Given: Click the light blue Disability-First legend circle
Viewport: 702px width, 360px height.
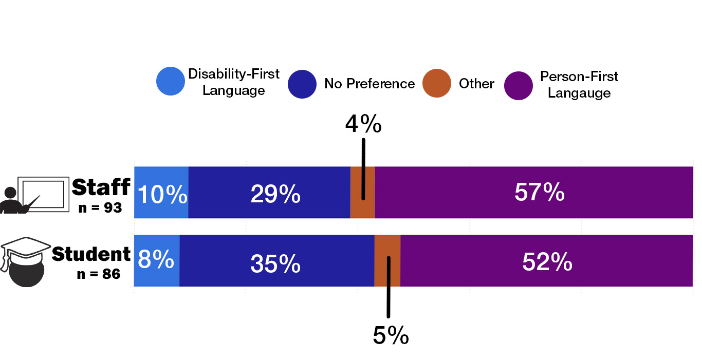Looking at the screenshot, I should click(x=171, y=82).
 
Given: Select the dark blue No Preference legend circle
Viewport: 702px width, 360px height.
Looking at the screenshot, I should click(x=302, y=83).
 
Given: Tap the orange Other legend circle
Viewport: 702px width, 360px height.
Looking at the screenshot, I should click(x=437, y=83).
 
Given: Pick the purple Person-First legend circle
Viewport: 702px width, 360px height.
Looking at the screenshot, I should click(x=519, y=85).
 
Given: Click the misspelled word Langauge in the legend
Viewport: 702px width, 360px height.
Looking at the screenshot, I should click(x=579, y=93).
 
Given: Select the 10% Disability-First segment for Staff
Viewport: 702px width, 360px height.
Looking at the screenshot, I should click(x=161, y=193).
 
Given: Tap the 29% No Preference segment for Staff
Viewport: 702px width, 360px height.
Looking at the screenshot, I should click(x=275, y=193).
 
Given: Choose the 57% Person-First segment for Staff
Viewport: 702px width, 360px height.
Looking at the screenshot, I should click(x=539, y=193).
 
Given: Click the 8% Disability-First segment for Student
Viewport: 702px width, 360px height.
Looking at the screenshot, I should click(x=156, y=260).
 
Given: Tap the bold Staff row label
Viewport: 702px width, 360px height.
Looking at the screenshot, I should click(x=101, y=187).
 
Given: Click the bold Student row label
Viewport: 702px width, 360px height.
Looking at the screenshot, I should click(x=91, y=254).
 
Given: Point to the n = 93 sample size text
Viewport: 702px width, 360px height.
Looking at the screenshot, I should click(x=100, y=208).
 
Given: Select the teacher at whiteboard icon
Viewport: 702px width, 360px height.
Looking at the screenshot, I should click(x=35, y=195).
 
